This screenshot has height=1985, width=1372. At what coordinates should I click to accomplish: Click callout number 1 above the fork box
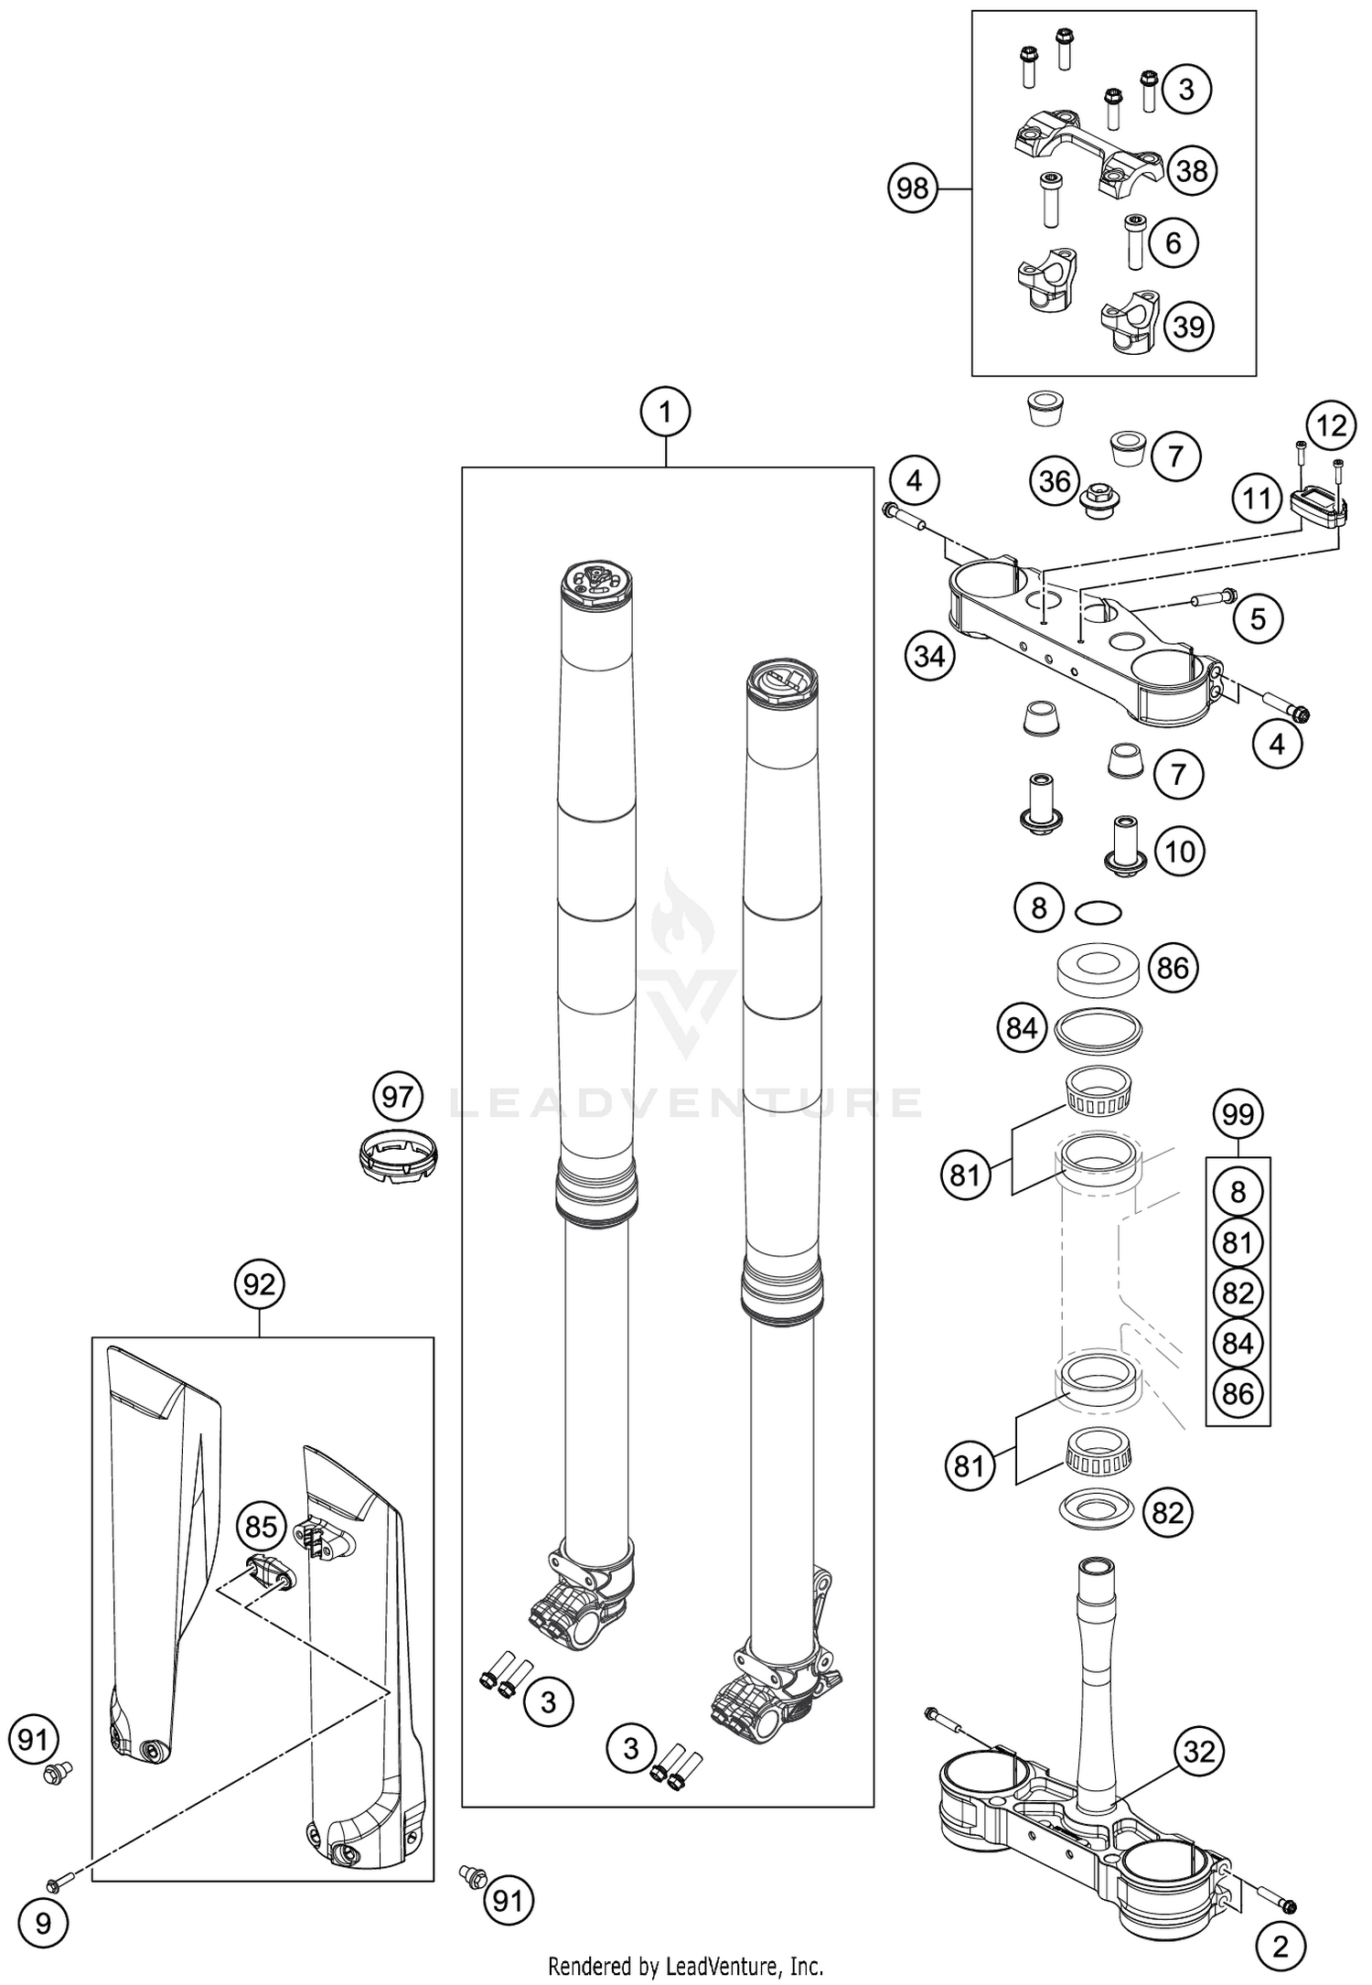pos(665,413)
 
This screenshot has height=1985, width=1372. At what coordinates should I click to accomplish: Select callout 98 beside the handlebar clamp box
pos(912,188)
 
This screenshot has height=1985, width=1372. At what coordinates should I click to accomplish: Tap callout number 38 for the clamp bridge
pos(1191,171)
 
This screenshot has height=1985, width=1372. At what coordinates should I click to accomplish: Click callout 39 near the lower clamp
pos(1188,327)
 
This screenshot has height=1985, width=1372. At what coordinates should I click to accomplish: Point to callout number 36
pos(1055,481)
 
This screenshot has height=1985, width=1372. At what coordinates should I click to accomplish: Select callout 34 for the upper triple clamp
pos(930,656)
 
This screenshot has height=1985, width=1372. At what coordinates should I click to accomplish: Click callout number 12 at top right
pos(1332,425)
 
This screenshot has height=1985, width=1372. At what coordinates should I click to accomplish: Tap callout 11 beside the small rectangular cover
pos(1257,499)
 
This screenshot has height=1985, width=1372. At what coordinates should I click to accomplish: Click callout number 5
pos(1258,619)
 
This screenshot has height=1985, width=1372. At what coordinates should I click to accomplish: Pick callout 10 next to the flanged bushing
pos(1180,852)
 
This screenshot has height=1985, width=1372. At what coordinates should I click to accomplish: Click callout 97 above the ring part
pos(397,1096)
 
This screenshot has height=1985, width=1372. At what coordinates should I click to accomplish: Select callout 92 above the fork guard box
pos(260,1285)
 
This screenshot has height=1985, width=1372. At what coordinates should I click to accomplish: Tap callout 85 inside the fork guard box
pos(261,1527)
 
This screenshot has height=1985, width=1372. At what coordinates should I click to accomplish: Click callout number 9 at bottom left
pos(44,1924)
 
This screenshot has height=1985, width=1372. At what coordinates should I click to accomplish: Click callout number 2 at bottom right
pos(1281,1947)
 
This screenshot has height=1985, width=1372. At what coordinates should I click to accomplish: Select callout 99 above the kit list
pos(1238,1115)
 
